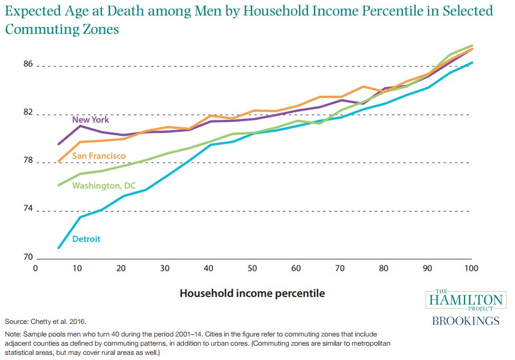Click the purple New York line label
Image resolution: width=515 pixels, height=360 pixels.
[91, 120]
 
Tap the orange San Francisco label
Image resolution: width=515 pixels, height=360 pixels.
[99, 156]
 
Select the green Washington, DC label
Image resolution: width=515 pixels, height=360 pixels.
[104, 186]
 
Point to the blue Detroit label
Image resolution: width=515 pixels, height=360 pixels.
[87, 239]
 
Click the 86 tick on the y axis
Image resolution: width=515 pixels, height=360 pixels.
[28, 64]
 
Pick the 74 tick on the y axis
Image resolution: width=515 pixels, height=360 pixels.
[28, 209]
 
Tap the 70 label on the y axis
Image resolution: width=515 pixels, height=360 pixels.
[28, 257]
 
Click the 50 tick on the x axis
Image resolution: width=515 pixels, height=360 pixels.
[252, 268]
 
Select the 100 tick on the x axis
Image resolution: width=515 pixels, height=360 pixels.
[471, 268]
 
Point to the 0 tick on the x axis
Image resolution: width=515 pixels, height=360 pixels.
[36, 268]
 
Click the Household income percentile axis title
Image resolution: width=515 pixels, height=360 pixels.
[252, 294]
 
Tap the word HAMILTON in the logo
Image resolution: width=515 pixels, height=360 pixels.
[466, 300]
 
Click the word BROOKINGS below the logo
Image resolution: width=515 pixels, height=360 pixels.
[466, 321]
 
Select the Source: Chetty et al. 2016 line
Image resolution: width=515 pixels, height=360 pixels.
[46, 322]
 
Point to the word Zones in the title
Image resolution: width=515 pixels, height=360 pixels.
[101, 29]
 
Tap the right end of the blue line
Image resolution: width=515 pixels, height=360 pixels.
[472, 62]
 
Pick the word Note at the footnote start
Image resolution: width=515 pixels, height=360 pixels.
[13, 334]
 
